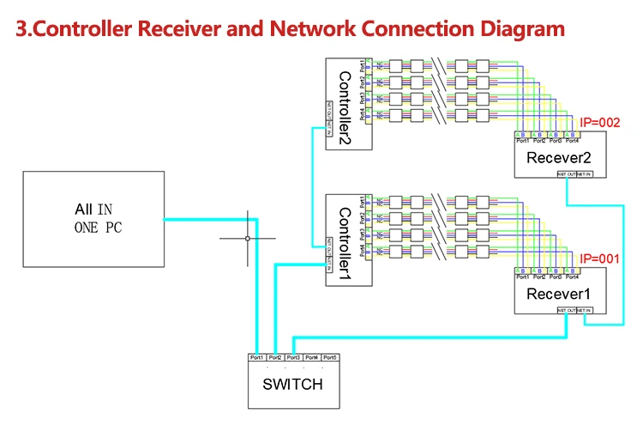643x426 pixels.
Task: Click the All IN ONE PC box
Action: [93, 218]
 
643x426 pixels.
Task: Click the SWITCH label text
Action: [292, 384]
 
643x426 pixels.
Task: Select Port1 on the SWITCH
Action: [255, 357]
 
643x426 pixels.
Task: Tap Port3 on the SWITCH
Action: [293, 357]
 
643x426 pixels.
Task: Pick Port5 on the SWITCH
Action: [330, 357]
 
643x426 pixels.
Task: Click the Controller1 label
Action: [345, 241]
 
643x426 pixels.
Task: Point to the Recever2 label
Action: [560, 157]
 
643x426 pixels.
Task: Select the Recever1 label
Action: [560, 294]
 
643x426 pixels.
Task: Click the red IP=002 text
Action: [599, 123]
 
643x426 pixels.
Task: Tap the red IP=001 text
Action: [599, 259]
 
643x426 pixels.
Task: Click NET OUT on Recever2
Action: [567, 174]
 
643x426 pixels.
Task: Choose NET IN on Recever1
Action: [584, 310]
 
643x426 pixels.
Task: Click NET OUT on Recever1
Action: [567, 310]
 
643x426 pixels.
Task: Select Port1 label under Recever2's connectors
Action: [521, 141]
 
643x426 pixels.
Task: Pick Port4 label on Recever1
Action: [572, 277]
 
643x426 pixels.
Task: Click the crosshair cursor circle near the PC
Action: [248, 238]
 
